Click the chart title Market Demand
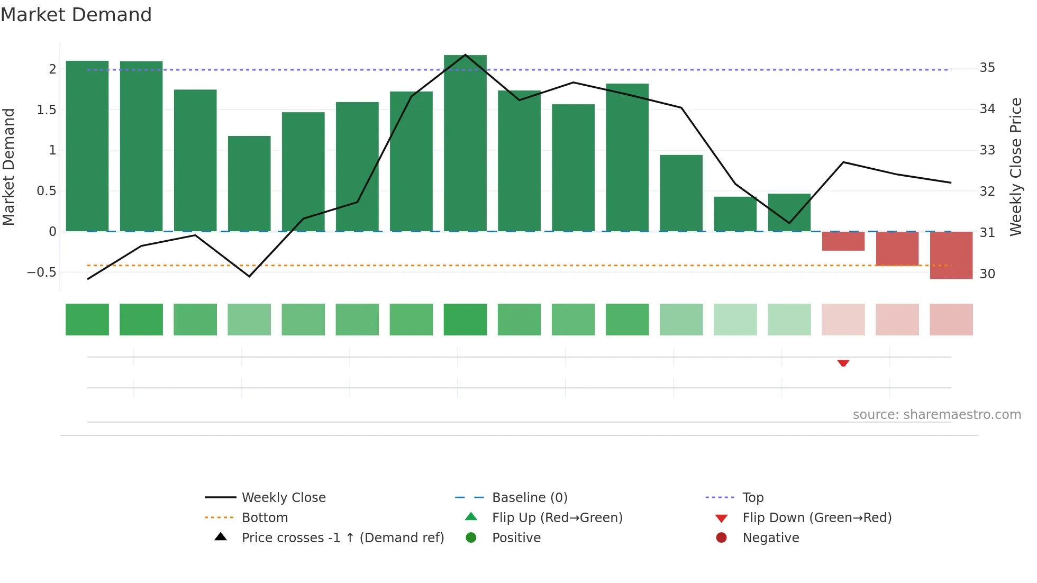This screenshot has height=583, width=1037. (x=76, y=15)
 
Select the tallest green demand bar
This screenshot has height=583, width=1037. (x=465, y=143)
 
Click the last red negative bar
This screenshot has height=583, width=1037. (x=951, y=255)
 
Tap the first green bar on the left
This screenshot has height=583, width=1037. (x=87, y=146)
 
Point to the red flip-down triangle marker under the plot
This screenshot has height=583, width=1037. (x=843, y=363)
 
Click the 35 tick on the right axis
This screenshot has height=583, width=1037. (x=987, y=68)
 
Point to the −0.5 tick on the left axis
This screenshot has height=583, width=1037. (x=41, y=272)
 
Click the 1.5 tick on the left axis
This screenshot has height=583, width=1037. (x=46, y=110)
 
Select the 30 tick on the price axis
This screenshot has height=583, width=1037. (x=987, y=274)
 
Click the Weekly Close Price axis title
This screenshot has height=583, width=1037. (x=1015, y=167)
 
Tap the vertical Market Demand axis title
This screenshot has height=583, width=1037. (x=9, y=167)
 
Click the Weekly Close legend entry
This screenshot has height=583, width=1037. (x=283, y=498)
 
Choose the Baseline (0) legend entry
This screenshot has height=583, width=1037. (x=529, y=498)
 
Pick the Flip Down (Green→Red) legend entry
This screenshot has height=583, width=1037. (x=816, y=518)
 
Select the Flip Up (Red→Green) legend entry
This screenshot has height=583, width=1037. (x=557, y=518)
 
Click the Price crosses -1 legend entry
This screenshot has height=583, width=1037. (x=342, y=538)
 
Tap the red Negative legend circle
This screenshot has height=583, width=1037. (x=721, y=538)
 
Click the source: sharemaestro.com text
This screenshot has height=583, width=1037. (x=936, y=415)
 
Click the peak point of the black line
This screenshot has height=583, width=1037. (x=465, y=54)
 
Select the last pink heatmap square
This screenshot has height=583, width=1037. (x=951, y=320)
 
